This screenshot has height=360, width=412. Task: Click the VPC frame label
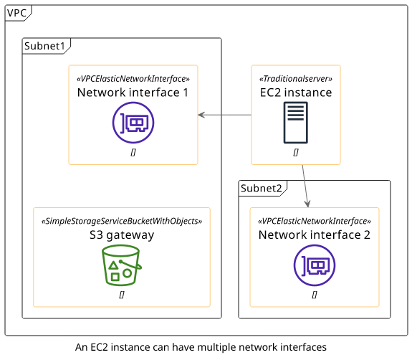(x=16, y=13)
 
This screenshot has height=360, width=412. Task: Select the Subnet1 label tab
(x=44, y=46)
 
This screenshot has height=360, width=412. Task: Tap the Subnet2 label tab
(x=262, y=189)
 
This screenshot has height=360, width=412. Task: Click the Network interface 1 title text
(x=133, y=93)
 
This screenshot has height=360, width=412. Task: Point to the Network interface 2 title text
(x=315, y=235)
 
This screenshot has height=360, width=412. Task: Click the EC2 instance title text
(x=296, y=93)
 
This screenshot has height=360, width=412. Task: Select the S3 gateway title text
(x=122, y=235)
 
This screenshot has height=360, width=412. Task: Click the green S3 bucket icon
(x=122, y=265)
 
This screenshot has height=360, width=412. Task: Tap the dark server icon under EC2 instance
(x=296, y=123)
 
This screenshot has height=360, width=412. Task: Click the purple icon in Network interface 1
(x=133, y=123)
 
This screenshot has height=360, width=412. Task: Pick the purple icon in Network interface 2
(x=315, y=265)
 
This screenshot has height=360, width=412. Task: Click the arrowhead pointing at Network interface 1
(x=201, y=115)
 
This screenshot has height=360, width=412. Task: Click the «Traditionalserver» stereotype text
(x=296, y=79)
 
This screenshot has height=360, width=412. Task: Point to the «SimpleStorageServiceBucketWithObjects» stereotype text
(x=122, y=221)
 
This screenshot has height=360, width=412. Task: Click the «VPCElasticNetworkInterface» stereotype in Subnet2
(x=315, y=221)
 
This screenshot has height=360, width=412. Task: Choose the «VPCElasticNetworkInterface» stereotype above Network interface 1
(x=133, y=79)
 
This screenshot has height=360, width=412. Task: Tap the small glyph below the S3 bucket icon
(x=122, y=295)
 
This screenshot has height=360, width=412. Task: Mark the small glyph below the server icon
(x=296, y=152)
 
